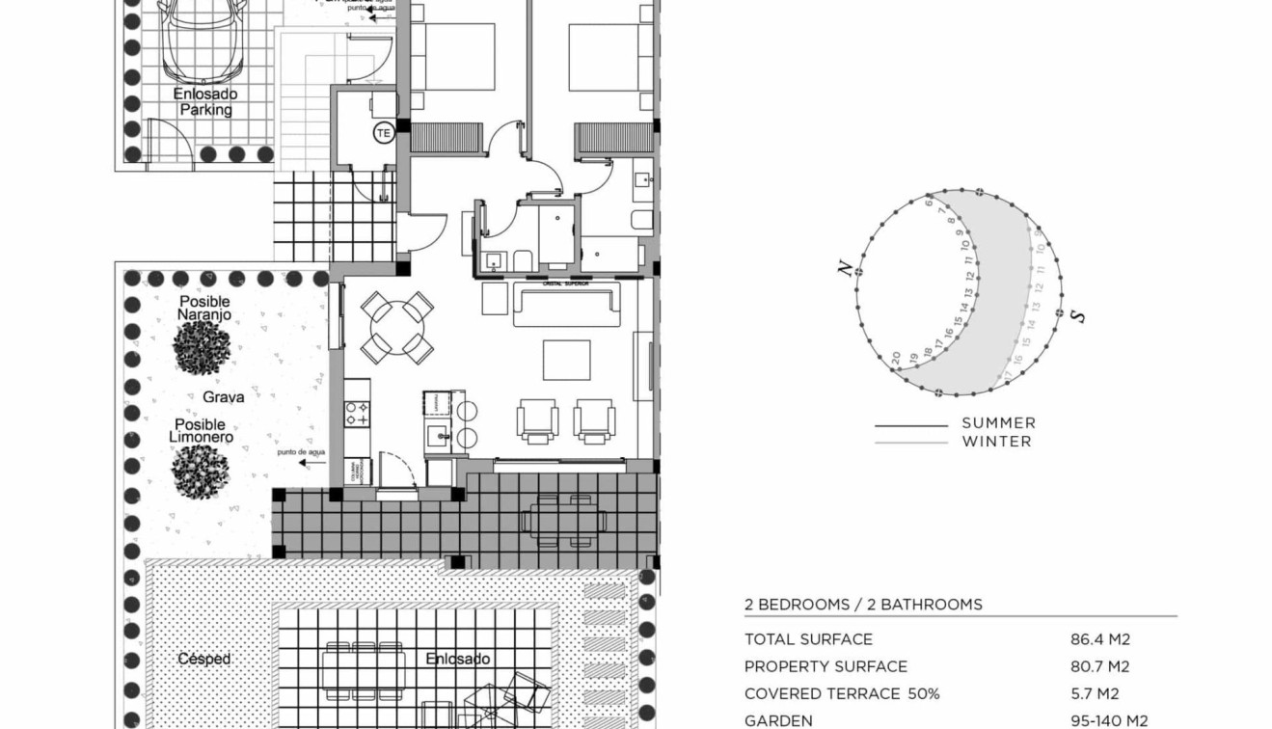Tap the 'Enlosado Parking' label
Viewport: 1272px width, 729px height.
205,102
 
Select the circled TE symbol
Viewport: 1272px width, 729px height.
383,133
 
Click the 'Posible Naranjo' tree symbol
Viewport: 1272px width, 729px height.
202,347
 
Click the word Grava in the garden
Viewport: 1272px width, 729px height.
223,396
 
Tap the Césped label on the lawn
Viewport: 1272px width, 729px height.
203,660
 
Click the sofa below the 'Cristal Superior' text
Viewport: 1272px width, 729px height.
566,306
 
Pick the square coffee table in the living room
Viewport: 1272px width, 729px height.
566,360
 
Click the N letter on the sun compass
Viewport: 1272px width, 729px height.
846,269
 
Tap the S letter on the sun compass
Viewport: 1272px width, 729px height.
1078,316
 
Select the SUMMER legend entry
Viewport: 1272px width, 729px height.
997,423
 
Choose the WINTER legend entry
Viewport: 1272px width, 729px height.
995,442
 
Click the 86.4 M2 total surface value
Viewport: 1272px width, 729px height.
1099,639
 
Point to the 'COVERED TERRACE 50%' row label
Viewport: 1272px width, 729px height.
841,693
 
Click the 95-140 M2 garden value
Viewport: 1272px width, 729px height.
1108,720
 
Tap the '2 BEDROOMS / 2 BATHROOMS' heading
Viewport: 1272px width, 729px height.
862,605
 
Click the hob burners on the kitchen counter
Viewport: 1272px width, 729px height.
357,414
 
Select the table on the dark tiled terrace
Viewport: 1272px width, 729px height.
563,521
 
